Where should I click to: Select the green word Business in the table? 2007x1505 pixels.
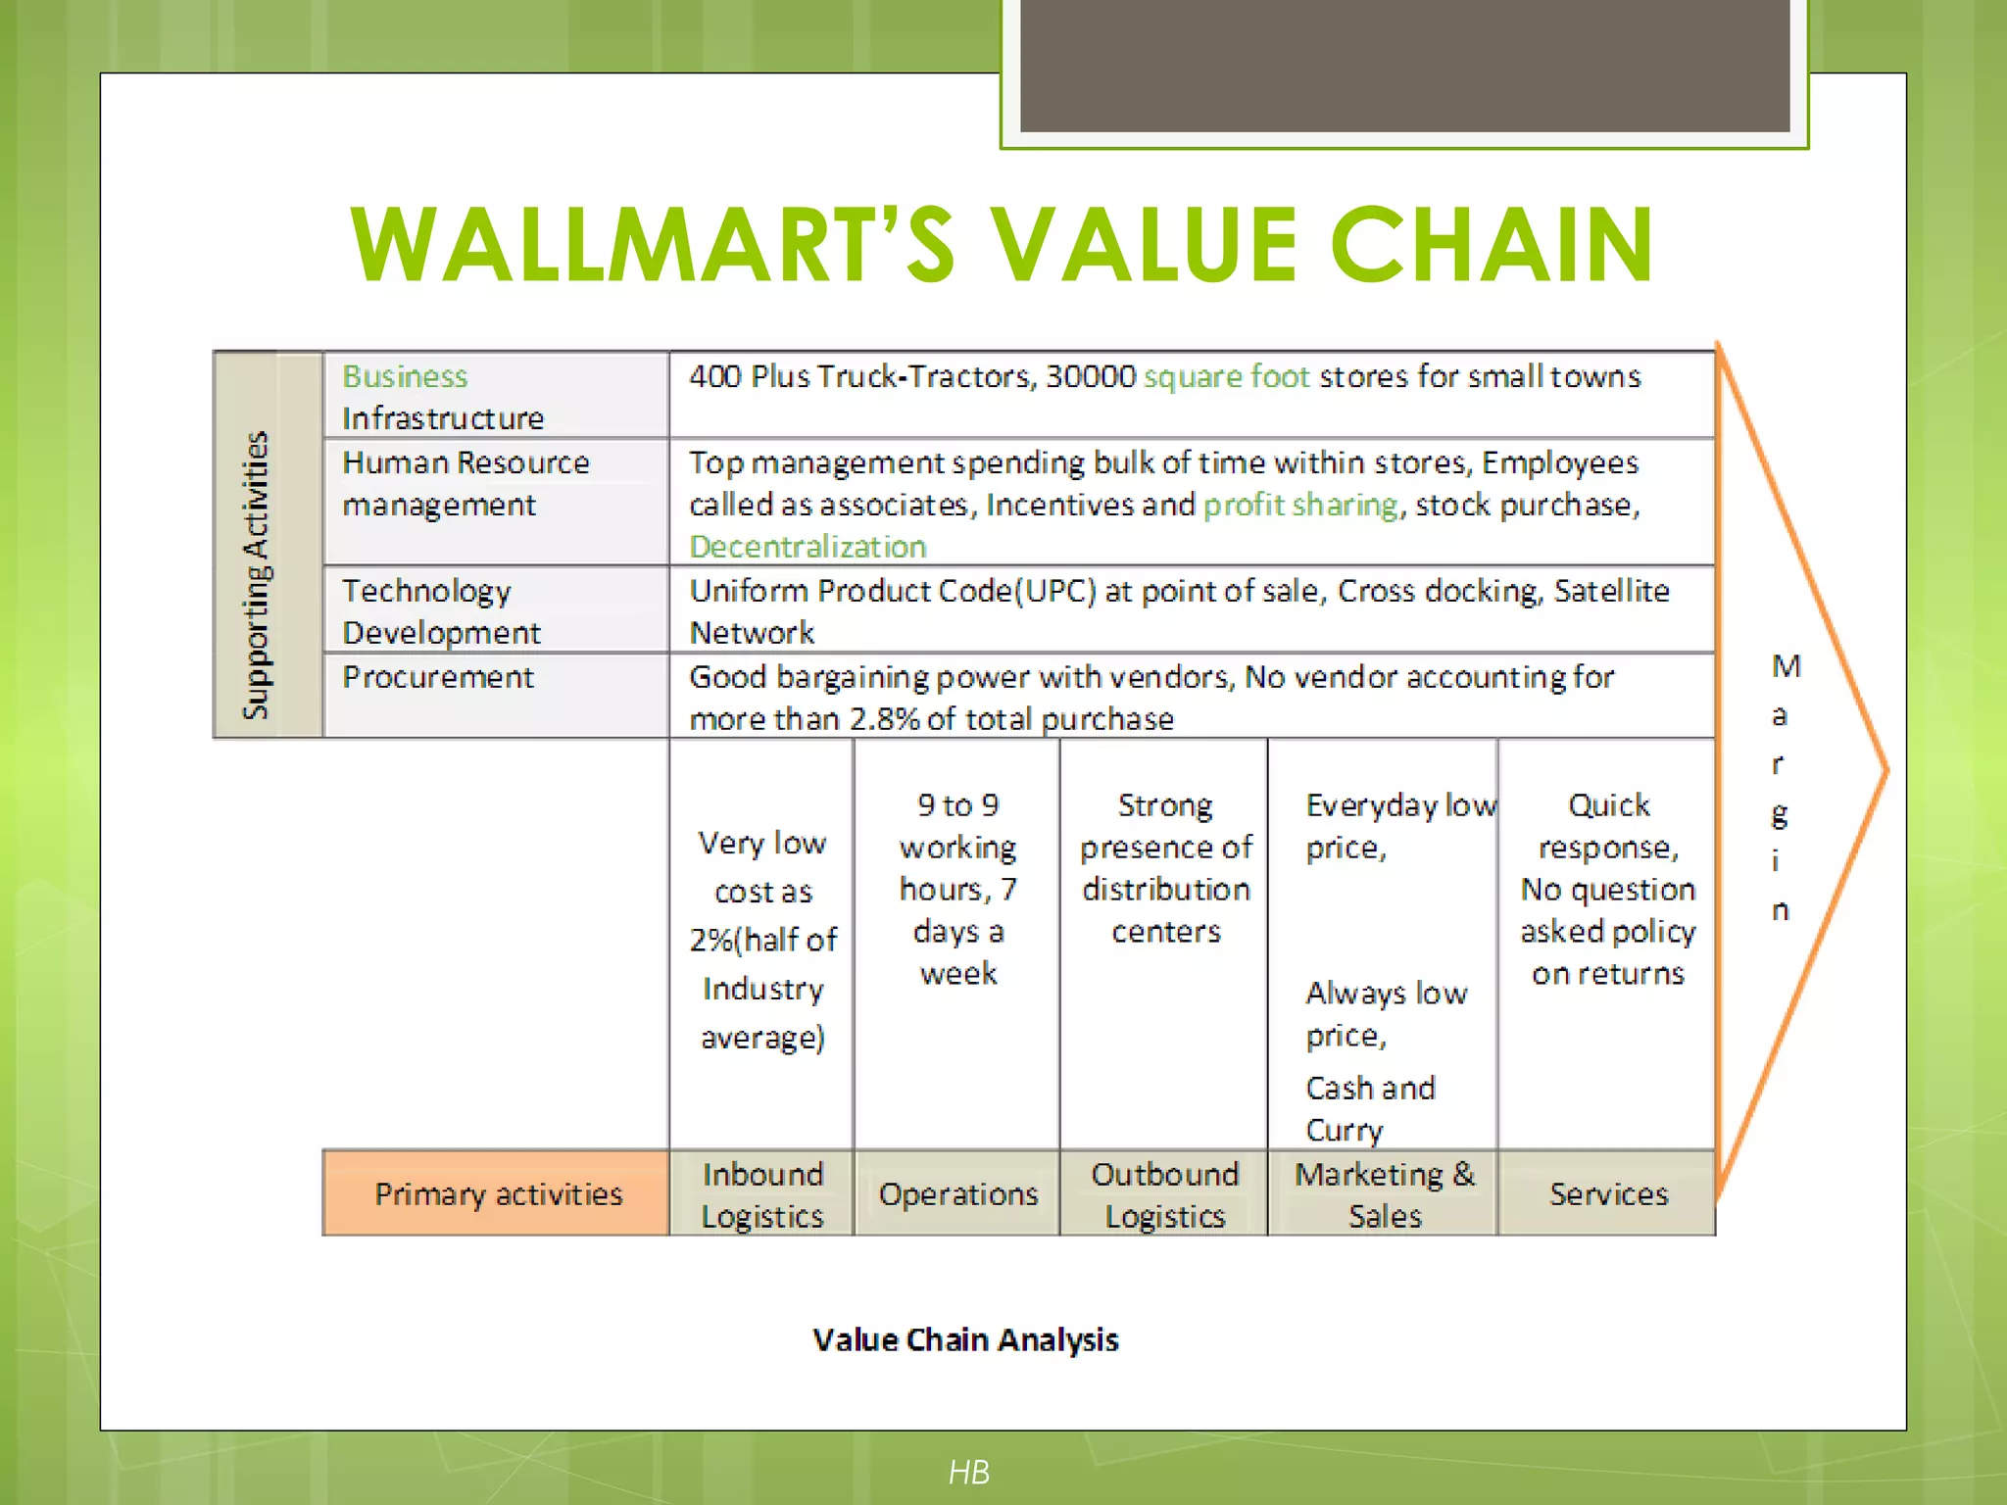(x=405, y=376)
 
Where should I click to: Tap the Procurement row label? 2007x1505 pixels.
(x=438, y=677)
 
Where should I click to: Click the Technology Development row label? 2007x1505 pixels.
(x=440, y=611)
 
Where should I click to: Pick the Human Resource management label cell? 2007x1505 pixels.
(x=465, y=483)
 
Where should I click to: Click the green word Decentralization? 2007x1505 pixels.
(x=808, y=547)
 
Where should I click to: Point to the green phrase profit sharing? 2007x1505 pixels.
(x=1300, y=505)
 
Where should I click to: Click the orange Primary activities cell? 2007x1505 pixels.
(x=498, y=1193)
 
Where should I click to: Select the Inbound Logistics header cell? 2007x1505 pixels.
(x=762, y=1194)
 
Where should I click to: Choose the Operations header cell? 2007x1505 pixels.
(x=957, y=1194)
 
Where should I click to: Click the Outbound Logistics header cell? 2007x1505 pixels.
(x=1164, y=1194)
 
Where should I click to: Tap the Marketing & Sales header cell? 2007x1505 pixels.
(x=1384, y=1194)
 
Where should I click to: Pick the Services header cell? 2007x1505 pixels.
(x=1608, y=1194)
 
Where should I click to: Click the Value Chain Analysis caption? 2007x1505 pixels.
(x=965, y=1339)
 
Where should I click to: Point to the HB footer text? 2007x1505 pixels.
(x=968, y=1472)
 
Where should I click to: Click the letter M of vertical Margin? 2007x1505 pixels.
(x=1786, y=666)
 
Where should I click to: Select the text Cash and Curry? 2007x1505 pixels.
(x=1370, y=1108)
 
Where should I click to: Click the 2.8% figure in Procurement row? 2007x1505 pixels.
(x=884, y=719)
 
